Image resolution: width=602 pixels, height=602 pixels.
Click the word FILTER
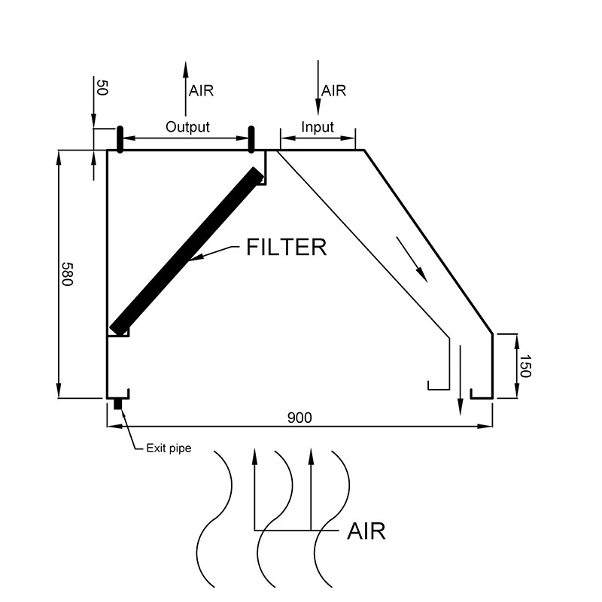pyautogui.click(x=287, y=248)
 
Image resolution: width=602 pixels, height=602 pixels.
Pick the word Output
pyautogui.click(x=187, y=127)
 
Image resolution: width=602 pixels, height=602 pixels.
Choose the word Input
pyautogui.click(x=317, y=127)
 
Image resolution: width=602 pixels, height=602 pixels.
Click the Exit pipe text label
pyautogui.click(x=169, y=448)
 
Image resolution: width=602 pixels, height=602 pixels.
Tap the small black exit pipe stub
pyautogui.click(x=118, y=404)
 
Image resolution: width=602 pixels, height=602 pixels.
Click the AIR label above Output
pyautogui.click(x=202, y=91)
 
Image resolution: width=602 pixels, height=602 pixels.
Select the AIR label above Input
pyautogui.click(x=333, y=91)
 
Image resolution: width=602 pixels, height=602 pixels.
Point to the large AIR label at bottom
pyautogui.click(x=366, y=531)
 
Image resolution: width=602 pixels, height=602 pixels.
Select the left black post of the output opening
pyautogui.click(x=119, y=139)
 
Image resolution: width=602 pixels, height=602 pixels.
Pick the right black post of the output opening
pyautogui.click(x=252, y=139)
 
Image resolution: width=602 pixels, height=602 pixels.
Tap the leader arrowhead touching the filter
pyautogui.click(x=195, y=259)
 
